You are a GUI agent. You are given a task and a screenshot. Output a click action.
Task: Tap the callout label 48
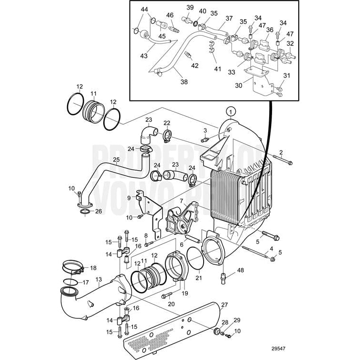240,271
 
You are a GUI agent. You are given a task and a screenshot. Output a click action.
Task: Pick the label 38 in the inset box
184,82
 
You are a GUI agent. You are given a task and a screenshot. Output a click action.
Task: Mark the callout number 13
99,280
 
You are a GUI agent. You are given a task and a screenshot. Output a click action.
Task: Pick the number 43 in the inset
143,56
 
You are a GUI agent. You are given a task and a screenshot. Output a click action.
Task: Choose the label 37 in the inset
229,19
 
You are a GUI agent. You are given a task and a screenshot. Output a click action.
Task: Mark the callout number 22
167,123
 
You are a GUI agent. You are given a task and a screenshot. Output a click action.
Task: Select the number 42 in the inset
195,65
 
